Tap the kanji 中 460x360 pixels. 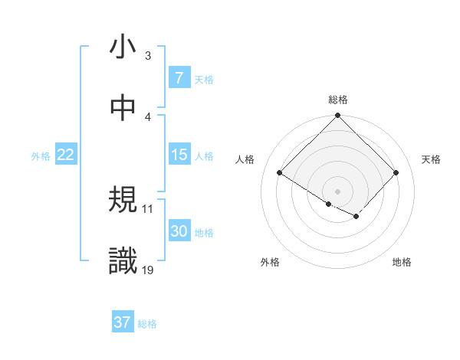click(123, 108)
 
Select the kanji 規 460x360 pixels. click(123, 201)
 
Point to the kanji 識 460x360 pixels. click(123, 261)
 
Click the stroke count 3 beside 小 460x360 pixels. click(148, 56)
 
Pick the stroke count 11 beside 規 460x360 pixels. click(148, 208)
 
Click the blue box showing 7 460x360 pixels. click(179, 78)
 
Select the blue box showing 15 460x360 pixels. click(179, 155)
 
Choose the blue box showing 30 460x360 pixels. click(179, 231)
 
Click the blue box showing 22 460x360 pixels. click(66, 155)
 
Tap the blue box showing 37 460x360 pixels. click(122, 322)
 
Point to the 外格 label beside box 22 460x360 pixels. click(41, 156)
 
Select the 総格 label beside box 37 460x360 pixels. click(147, 324)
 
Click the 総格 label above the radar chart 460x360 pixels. click(338, 100)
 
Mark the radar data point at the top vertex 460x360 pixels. click(337, 116)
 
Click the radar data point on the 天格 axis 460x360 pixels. click(396, 172)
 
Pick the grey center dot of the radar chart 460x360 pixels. click(337, 191)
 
